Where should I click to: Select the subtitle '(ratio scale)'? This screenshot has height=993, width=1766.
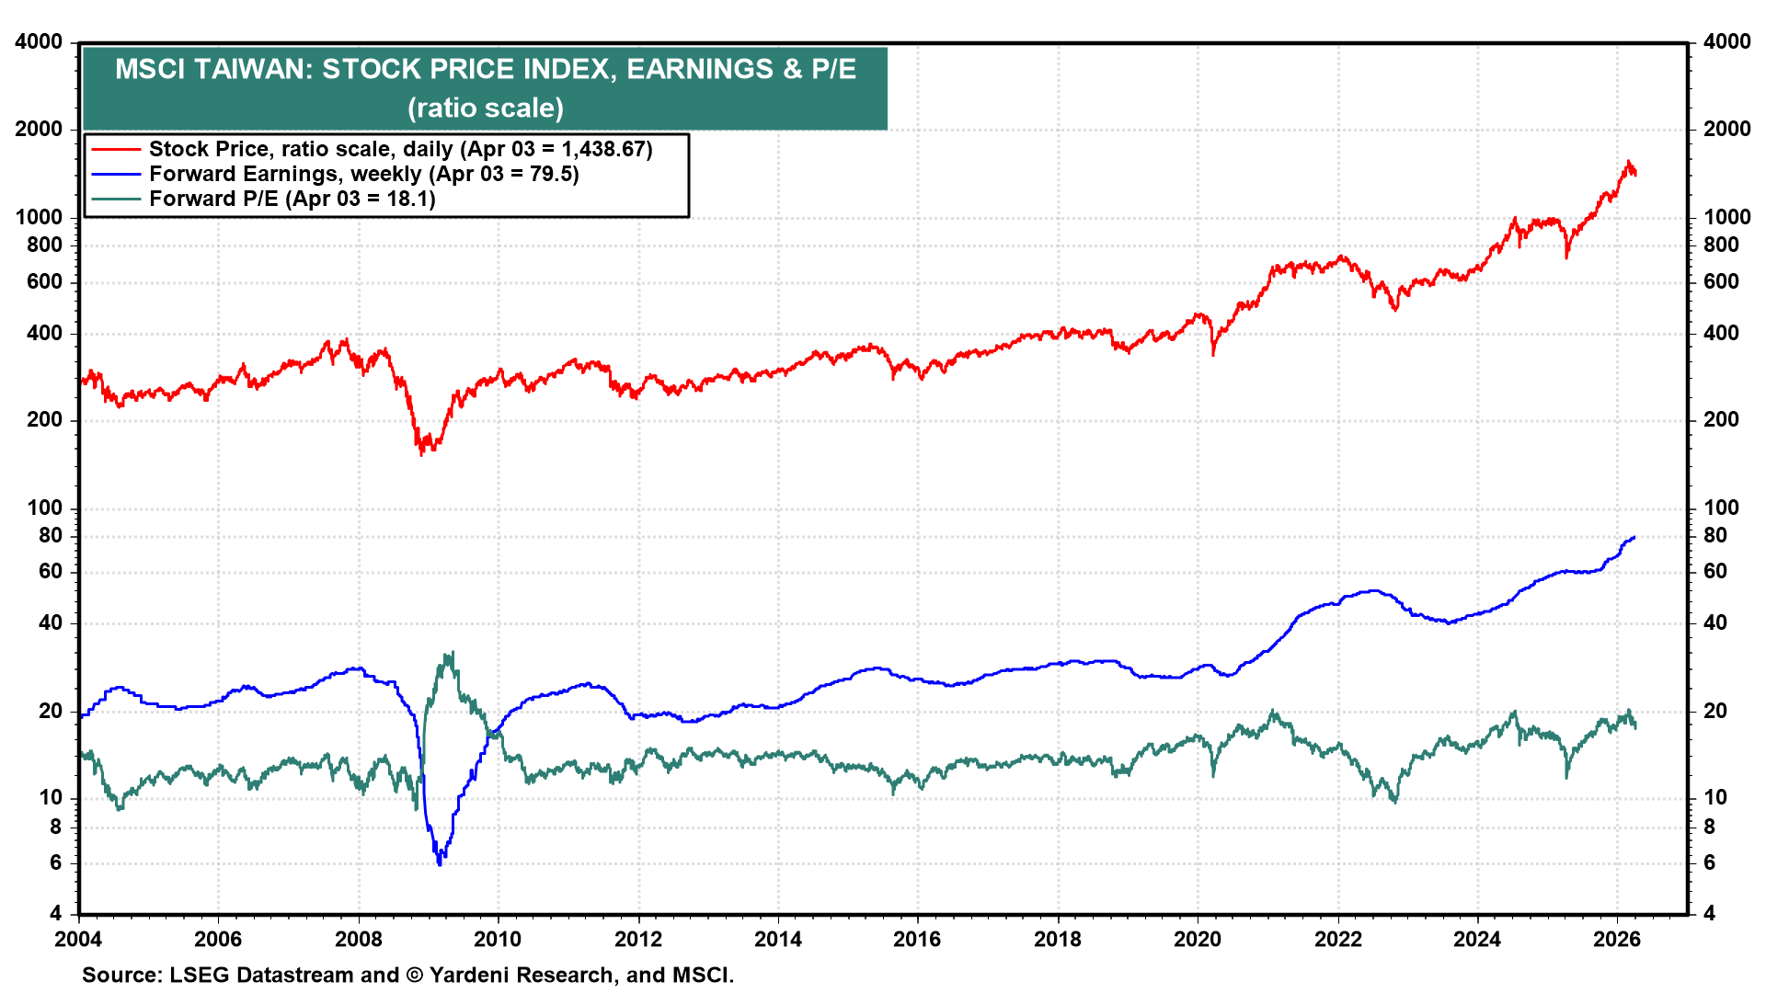click(x=486, y=108)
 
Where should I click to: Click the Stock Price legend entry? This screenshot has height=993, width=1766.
click(x=400, y=149)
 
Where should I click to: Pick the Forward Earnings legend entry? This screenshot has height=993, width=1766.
click(x=363, y=174)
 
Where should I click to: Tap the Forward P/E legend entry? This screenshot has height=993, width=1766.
click(x=292, y=199)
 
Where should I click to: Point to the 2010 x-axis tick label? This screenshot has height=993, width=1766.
click(x=498, y=939)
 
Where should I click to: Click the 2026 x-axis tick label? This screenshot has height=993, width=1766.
click(x=1617, y=939)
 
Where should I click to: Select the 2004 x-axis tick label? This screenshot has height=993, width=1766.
click(x=78, y=939)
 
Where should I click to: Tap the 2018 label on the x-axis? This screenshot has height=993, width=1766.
click(x=1058, y=939)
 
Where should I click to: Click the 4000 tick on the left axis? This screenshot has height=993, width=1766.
click(x=40, y=42)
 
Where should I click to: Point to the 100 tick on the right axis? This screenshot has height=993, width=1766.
click(x=1722, y=508)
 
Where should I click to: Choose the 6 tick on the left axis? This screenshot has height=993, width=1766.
click(x=56, y=862)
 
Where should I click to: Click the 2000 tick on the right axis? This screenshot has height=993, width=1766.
click(x=1726, y=129)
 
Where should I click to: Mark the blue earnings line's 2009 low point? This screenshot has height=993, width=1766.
click(x=440, y=863)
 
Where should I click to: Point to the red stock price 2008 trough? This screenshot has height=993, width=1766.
click(x=422, y=453)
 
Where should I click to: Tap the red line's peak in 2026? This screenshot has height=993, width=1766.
click(x=1628, y=162)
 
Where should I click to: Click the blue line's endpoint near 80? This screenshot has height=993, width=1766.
click(x=1634, y=537)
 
